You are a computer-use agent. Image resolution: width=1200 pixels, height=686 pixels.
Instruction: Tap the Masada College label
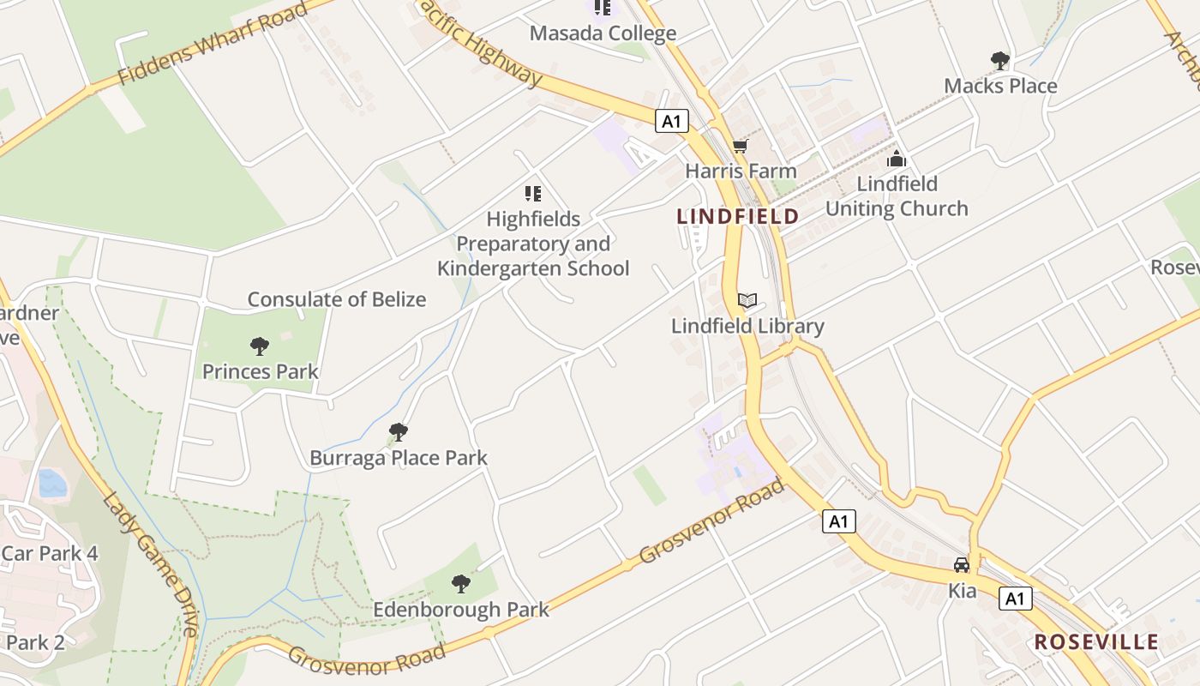(x=603, y=33)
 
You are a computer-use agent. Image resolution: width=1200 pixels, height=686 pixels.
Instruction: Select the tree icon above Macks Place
(x=999, y=61)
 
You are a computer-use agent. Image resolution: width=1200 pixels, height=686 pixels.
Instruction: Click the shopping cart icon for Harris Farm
(x=740, y=147)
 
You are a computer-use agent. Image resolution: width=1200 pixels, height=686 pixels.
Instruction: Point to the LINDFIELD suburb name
(x=738, y=216)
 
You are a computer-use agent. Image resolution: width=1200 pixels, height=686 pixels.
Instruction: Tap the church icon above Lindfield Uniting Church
(x=897, y=159)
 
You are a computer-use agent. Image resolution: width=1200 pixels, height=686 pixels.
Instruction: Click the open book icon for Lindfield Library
(x=747, y=300)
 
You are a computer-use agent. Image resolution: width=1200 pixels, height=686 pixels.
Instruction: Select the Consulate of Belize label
(x=337, y=299)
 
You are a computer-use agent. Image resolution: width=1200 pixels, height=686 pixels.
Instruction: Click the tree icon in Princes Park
(x=260, y=346)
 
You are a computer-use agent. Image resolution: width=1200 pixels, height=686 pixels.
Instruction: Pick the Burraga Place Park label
(x=398, y=458)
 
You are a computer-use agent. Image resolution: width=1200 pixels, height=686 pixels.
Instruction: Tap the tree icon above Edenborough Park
(x=461, y=584)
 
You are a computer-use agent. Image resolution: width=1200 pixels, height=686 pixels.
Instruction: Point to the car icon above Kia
(x=962, y=565)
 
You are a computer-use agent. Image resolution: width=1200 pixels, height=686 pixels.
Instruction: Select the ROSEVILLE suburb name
(x=1096, y=642)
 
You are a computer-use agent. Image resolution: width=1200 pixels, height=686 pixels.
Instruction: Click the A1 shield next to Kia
(x=1015, y=599)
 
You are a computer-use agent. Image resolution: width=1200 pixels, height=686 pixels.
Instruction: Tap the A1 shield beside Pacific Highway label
(x=672, y=121)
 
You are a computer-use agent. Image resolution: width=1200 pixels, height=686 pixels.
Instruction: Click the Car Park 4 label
(x=50, y=553)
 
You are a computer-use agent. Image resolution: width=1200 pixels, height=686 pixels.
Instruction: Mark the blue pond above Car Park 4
(x=51, y=483)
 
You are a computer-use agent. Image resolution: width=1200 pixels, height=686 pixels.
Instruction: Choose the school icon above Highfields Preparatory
(x=533, y=194)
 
